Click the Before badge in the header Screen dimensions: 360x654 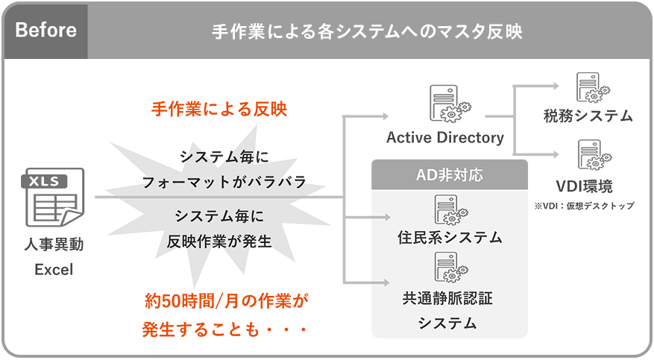pyautogui.click(x=45, y=31)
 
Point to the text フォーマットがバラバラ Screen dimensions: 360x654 pyautogui.click(x=224, y=182)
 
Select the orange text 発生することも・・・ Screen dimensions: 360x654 pyautogui.click(x=225, y=328)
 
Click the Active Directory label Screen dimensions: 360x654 pyautogui.click(x=445, y=138)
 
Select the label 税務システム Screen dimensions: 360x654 pyautogui.click(x=588, y=116)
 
